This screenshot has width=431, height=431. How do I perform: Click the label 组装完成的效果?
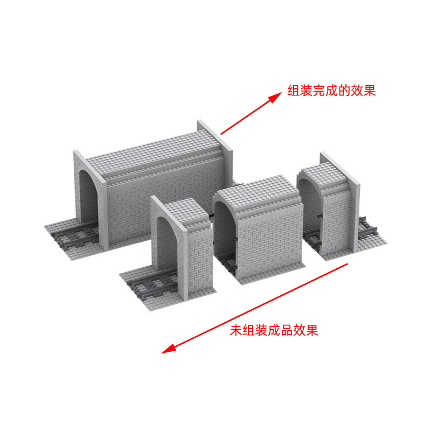(x=331, y=91)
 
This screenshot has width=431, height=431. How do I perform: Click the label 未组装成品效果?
(x=274, y=330)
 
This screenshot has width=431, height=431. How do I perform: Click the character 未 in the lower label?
(x=235, y=330)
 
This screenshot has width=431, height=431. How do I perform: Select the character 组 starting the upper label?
(x=294, y=91)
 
